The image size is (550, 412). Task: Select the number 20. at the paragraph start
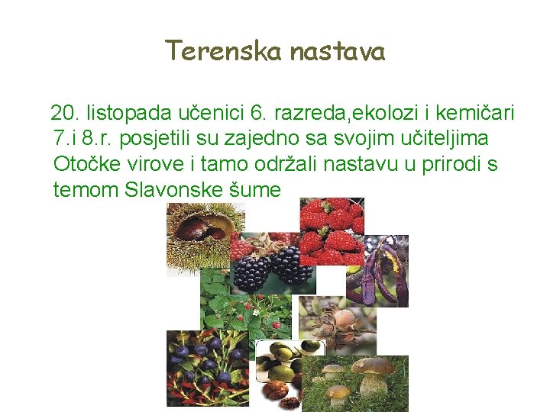[x=65, y=114]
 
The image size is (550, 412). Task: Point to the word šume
[x=255, y=188]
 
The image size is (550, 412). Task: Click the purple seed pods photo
[x=379, y=271]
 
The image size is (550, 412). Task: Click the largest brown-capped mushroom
[x=374, y=374]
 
